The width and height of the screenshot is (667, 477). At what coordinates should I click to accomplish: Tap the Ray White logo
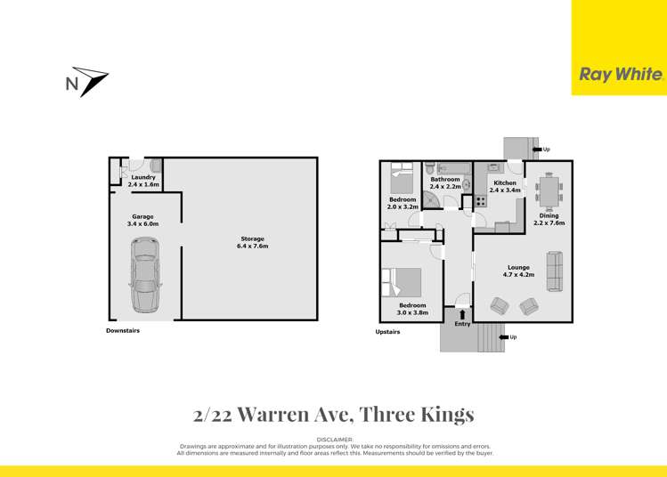coord(621,75)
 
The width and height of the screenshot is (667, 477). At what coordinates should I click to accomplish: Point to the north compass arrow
coord(86,82)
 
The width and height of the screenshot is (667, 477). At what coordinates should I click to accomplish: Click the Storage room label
coord(252,238)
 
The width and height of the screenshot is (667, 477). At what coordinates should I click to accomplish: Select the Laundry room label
coord(143,177)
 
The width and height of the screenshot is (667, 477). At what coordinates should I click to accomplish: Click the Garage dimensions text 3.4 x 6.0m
coord(143,224)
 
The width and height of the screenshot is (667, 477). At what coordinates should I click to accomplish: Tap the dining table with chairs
coord(549,190)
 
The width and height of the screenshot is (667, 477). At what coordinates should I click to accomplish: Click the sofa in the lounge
coord(555,271)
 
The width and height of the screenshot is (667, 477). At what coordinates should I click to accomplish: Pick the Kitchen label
coord(505,182)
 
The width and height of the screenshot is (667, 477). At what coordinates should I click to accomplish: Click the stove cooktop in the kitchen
coord(480,201)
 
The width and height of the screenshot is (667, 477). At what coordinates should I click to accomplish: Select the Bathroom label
coord(445,179)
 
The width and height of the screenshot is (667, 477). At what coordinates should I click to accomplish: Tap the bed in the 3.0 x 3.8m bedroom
coord(403,282)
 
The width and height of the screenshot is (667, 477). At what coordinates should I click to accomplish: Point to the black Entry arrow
coord(462,314)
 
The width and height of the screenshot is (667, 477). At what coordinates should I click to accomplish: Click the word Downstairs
coord(123,331)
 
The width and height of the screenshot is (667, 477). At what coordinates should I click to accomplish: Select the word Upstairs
coord(387,332)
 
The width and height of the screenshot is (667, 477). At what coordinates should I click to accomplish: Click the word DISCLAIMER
coord(334,440)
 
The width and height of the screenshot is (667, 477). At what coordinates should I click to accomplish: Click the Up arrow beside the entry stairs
coord(503,337)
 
